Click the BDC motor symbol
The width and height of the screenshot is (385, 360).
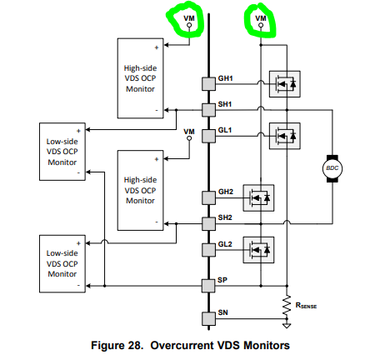click(332, 168)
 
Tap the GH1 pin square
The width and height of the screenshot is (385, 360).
click(208, 84)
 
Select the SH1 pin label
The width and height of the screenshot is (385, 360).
click(225, 104)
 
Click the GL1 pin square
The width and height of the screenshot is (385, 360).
click(208, 136)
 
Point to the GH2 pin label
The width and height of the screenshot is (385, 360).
click(226, 192)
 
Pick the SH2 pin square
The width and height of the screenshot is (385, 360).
click(208, 224)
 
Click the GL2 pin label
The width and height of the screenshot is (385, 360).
click(225, 244)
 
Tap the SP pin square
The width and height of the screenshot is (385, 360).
click(208, 286)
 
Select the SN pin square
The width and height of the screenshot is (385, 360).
click(208, 318)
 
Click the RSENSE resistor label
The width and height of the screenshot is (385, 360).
click(306, 306)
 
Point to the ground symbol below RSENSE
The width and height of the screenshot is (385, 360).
click(287, 325)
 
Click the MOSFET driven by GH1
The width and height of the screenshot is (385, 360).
click(285, 84)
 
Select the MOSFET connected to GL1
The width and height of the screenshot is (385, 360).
click(285, 136)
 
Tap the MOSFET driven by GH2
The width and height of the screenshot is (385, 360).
click(258, 198)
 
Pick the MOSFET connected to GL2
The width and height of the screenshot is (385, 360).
click(258, 250)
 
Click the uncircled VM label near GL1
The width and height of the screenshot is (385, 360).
click(189, 132)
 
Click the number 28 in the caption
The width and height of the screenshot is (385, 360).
click(136, 346)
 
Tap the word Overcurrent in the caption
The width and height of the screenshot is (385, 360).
click(182, 346)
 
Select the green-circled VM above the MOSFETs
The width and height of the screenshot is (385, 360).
click(261, 18)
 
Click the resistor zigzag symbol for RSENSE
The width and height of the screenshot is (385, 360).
click(287, 306)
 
